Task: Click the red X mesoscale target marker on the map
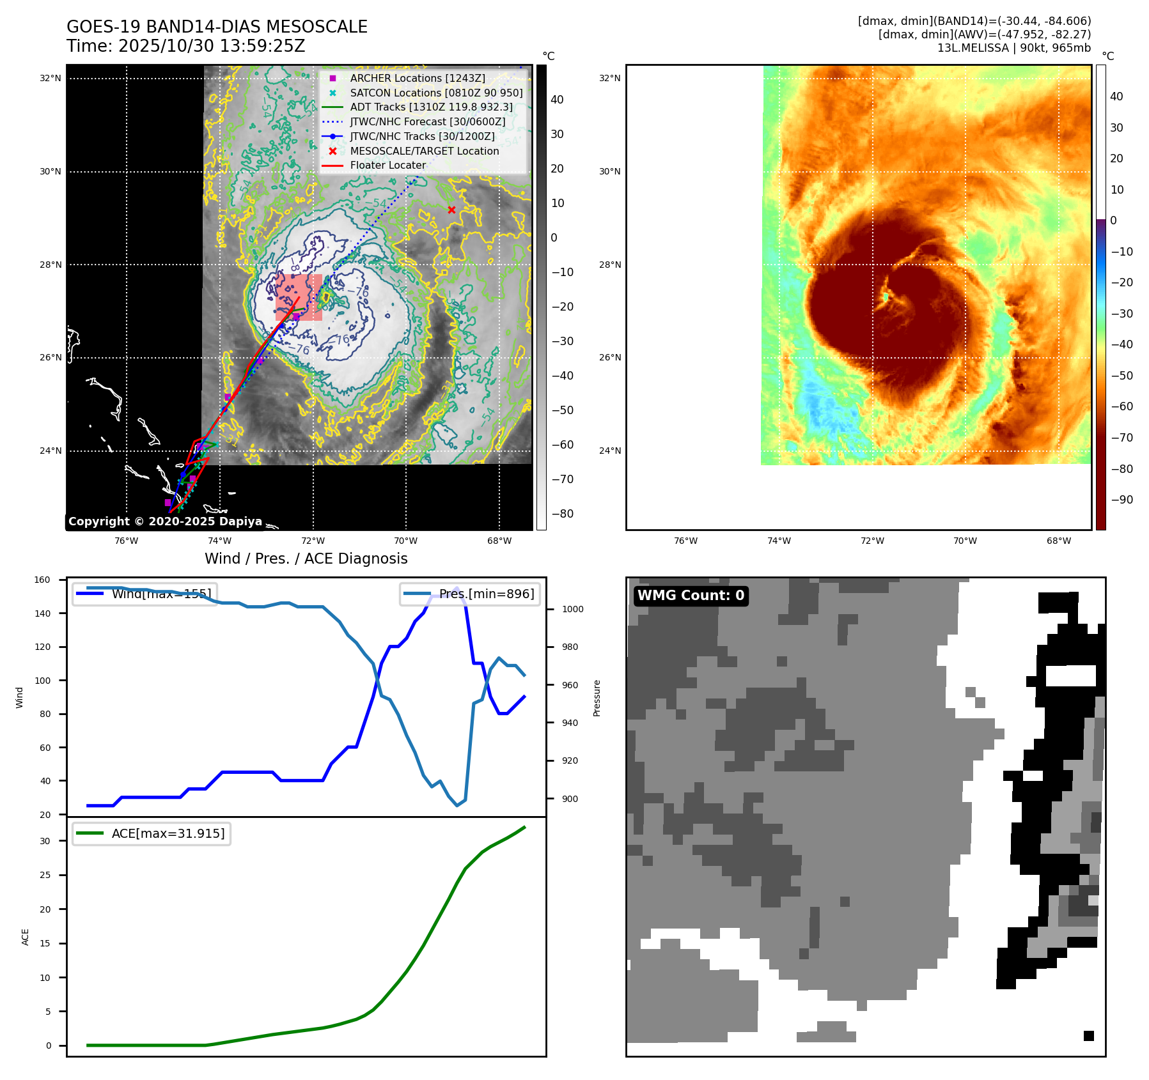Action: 451,210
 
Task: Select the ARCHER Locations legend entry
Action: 417,78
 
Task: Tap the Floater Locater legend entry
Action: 387,165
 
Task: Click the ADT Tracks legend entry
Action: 431,107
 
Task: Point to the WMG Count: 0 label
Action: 691,596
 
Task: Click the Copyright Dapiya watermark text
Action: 165,521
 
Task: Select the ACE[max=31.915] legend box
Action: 152,833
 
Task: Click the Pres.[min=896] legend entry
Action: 470,594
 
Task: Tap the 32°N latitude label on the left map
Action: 51,79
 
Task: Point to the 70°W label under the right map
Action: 965,541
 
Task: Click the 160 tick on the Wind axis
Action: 42,580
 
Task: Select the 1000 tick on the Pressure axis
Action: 572,609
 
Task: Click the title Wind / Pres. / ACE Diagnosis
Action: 306,559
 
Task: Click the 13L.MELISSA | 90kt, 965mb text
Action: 1013,48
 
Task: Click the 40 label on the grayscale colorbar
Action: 557,100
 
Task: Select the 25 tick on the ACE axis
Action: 45,875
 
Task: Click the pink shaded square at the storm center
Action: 299,297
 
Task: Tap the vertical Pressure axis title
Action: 597,698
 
